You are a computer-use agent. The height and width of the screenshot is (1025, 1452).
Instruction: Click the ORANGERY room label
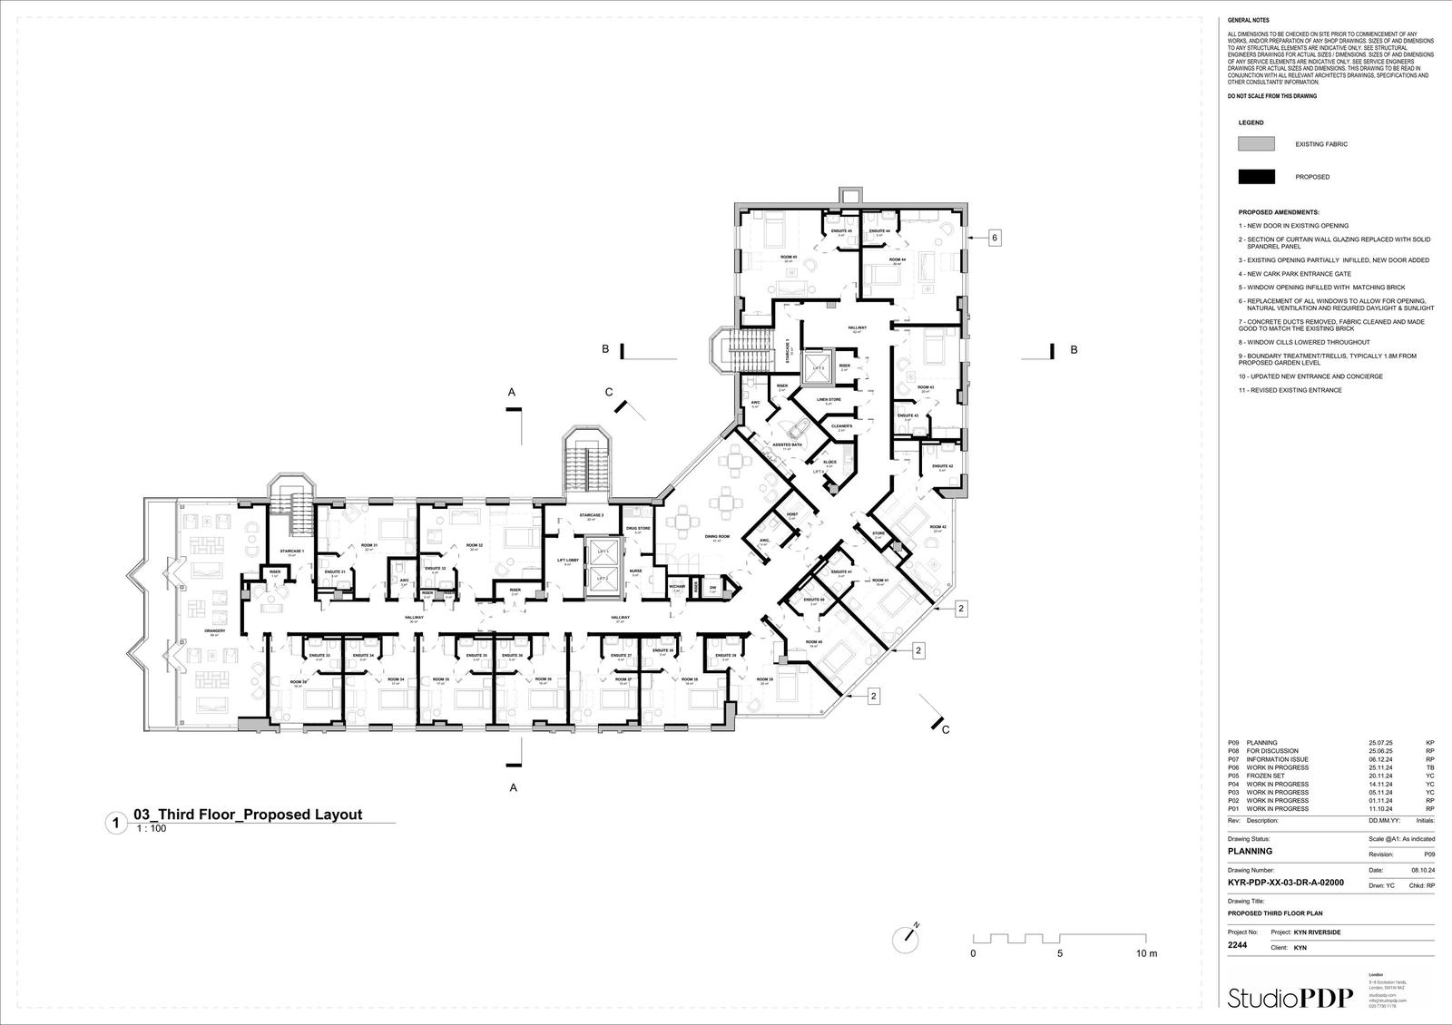[x=214, y=630]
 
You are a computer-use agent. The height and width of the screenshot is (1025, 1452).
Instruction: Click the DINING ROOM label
[x=717, y=537]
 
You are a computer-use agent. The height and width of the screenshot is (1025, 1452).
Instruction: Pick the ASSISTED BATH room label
[x=787, y=444]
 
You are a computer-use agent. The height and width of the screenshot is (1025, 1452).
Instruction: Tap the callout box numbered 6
[x=995, y=238]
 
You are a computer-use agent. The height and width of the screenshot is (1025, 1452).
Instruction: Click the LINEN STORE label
[x=829, y=399]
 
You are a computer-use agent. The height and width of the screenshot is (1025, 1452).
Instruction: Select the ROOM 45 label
[x=788, y=258]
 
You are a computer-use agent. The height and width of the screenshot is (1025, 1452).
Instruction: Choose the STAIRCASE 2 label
[x=592, y=515]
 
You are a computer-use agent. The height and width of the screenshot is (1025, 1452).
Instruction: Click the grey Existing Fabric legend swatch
[x=1256, y=144]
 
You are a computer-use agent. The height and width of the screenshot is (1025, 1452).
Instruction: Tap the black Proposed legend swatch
[x=1256, y=177]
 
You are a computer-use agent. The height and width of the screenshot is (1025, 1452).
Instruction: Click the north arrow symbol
[x=908, y=937]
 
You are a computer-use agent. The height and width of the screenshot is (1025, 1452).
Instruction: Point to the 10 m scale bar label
[x=1146, y=954]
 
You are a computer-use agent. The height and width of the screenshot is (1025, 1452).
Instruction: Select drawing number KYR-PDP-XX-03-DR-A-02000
[x=1285, y=882]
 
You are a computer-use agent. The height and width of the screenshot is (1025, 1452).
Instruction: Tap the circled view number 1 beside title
[x=115, y=824]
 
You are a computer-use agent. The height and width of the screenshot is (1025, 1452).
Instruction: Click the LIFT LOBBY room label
[x=568, y=561]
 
